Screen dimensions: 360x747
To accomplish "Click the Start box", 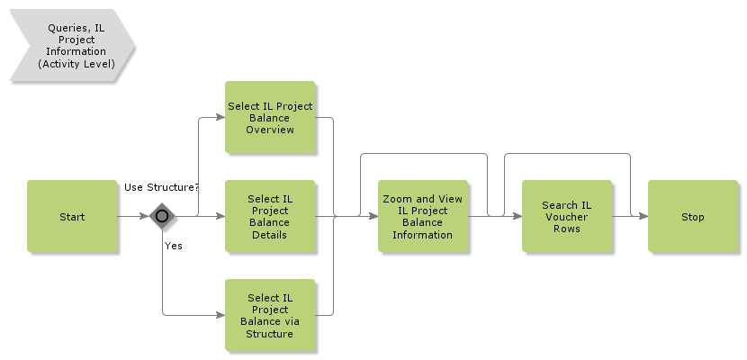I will pyautogui.click(x=72, y=216).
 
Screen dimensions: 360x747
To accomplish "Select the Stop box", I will pyautogui.click(x=693, y=216).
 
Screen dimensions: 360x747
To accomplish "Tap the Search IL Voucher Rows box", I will pyautogui.click(x=567, y=216).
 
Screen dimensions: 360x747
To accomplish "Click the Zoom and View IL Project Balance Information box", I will pyautogui.click(x=423, y=216).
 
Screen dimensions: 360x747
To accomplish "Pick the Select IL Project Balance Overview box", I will pyautogui.click(x=270, y=117).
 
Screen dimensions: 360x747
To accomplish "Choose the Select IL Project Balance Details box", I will pyautogui.click(x=270, y=216).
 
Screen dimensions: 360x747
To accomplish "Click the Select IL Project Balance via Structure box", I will pyautogui.click(x=270, y=315).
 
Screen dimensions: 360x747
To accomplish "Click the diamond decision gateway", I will pyautogui.click(x=162, y=216).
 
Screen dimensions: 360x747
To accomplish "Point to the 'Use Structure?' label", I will pyautogui.click(x=161, y=187).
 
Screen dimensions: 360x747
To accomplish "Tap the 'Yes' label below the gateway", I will pyautogui.click(x=174, y=245).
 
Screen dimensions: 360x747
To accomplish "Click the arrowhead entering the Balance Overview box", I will pyautogui.click(x=220, y=117).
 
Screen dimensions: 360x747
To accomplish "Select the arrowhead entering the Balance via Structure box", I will pyautogui.click(x=220, y=315).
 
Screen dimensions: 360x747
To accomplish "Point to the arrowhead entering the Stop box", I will pyautogui.click(x=643, y=216).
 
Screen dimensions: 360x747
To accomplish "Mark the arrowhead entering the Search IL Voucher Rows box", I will pyautogui.click(x=517, y=216).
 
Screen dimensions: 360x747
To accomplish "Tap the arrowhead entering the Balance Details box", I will pyautogui.click(x=220, y=216).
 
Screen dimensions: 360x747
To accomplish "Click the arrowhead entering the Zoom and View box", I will pyautogui.click(x=373, y=216).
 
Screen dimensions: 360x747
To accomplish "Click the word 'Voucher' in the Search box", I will pyautogui.click(x=567, y=217).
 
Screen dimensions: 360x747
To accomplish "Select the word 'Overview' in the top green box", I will pyautogui.click(x=270, y=130).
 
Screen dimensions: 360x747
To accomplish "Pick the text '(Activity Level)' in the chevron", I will pyautogui.click(x=76, y=64).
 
